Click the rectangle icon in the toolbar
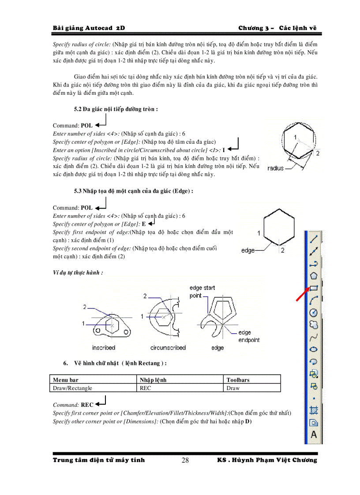(314, 288)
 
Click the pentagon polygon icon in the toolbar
(314, 275)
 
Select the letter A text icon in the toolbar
(314, 434)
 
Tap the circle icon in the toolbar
(314, 313)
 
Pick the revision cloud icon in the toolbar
(314, 325)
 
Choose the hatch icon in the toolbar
(314, 410)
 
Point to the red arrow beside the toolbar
(302, 294)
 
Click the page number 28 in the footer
(185, 461)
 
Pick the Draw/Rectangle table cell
(72, 388)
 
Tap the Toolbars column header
(238, 380)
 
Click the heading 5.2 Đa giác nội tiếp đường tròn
(116, 108)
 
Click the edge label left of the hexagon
(248, 250)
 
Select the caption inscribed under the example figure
(104, 348)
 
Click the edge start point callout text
(202, 291)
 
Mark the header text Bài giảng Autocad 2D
(89, 28)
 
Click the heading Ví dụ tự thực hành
(78, 272)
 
